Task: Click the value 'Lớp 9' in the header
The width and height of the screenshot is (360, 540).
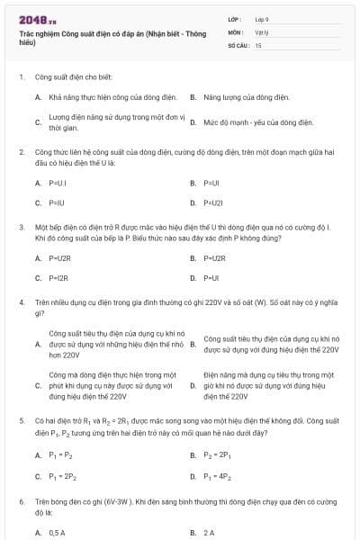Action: pos(261,18)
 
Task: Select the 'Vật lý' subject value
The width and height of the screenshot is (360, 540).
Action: pos(261,31)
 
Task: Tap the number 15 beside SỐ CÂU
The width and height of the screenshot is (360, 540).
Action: pos(258,44)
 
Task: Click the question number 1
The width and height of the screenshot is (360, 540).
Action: pos(21,77)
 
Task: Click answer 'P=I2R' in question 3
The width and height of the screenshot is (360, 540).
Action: pos(58,278)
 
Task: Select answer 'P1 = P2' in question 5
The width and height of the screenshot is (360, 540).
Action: pos(60,454)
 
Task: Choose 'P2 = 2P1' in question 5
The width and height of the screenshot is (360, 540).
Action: pos(217,454)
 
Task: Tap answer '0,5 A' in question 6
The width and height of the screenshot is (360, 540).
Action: pos(57,533)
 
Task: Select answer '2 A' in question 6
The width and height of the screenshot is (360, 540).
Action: pos(209,533)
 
